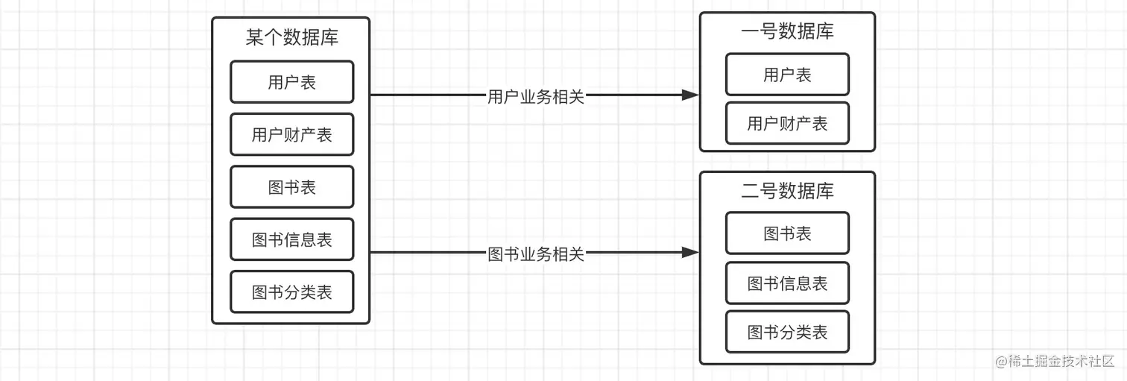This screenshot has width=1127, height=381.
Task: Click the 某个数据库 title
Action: point(291,37)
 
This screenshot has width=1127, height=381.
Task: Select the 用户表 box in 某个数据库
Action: point(291,82)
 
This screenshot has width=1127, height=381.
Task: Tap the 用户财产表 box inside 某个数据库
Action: point(291,135)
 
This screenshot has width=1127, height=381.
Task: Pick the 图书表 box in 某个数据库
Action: point(291,187)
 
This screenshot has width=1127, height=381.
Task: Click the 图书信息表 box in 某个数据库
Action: point(291,240)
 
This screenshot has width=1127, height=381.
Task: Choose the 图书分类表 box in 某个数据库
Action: point(291,292)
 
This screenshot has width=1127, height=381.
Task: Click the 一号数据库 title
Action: point(787,31)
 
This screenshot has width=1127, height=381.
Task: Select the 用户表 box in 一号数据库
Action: point(787,75)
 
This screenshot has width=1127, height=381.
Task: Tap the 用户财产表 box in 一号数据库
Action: point(787,123)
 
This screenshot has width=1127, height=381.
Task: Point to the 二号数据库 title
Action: point(787,191)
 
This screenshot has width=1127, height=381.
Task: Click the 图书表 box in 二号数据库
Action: point(787,233)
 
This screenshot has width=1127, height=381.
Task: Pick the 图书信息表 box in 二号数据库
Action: point(787,283)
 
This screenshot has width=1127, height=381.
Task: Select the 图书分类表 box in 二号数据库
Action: point(787,332)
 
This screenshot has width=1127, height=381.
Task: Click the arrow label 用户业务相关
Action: point(535,96)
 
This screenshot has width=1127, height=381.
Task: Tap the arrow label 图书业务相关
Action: point(535,254)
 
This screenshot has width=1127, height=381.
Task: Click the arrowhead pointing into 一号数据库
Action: point(691,95)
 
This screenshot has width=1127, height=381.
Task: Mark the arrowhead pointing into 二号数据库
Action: point(691,253)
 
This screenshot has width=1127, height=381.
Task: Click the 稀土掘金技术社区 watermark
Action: point(1054,361)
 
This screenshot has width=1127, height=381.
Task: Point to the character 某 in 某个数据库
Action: point(255,37)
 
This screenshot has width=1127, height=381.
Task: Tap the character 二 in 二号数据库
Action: point(750,191)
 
